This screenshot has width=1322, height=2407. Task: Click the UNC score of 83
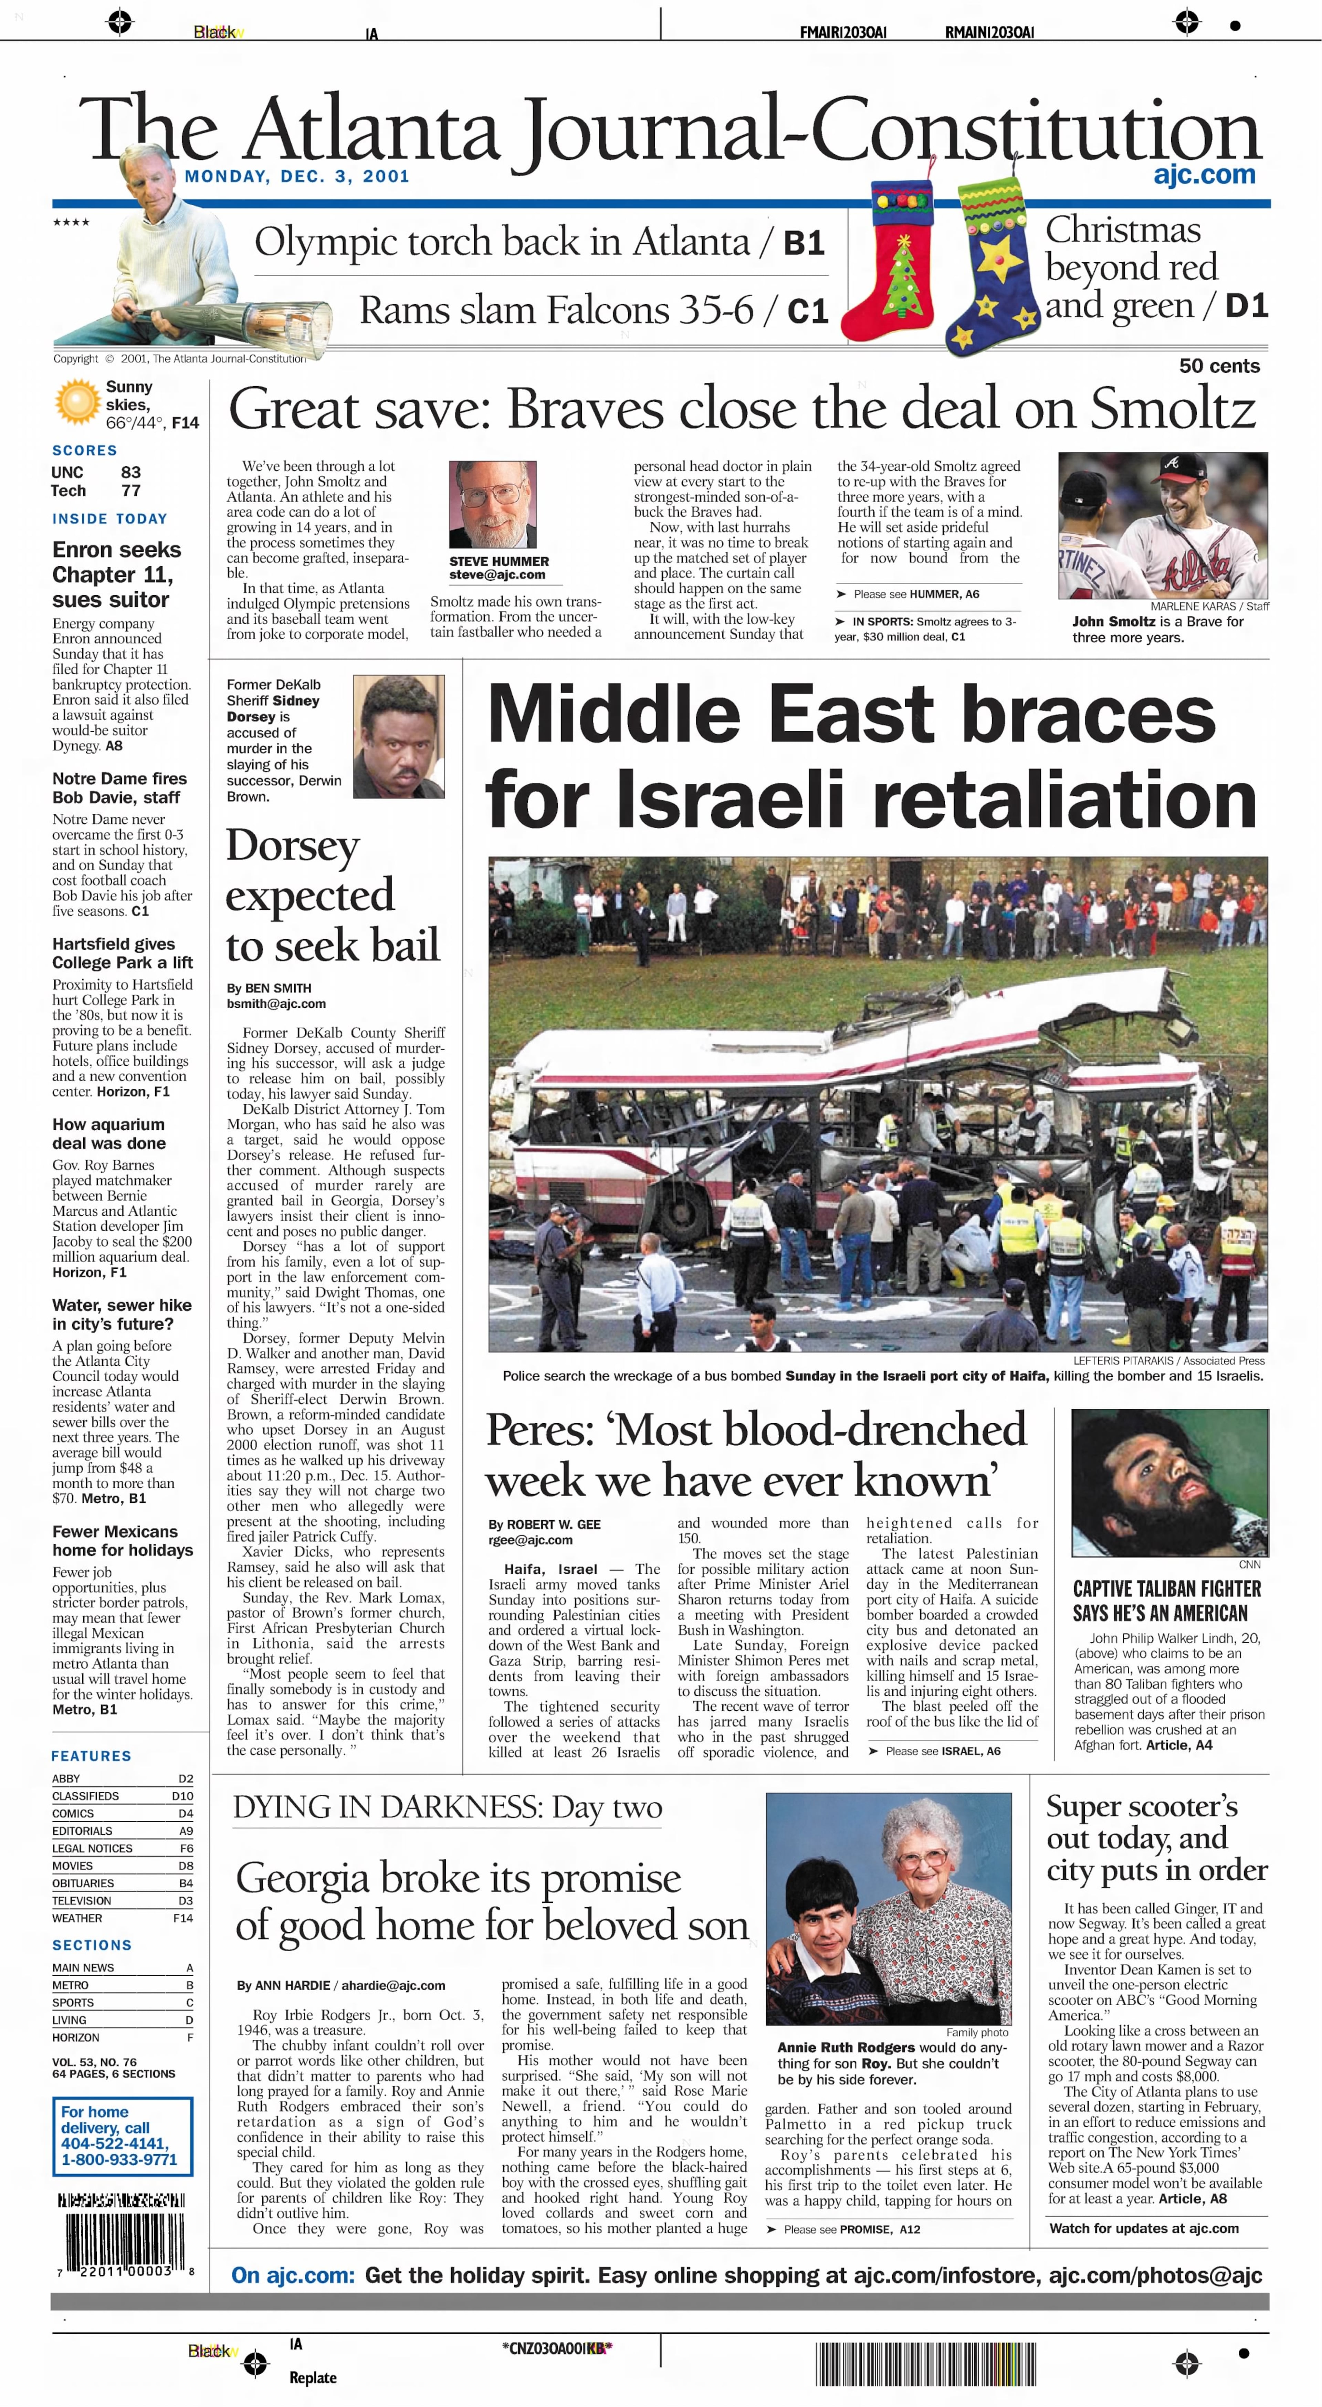[x=131, y=472]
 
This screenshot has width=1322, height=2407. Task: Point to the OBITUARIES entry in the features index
[x=83, y=1883]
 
